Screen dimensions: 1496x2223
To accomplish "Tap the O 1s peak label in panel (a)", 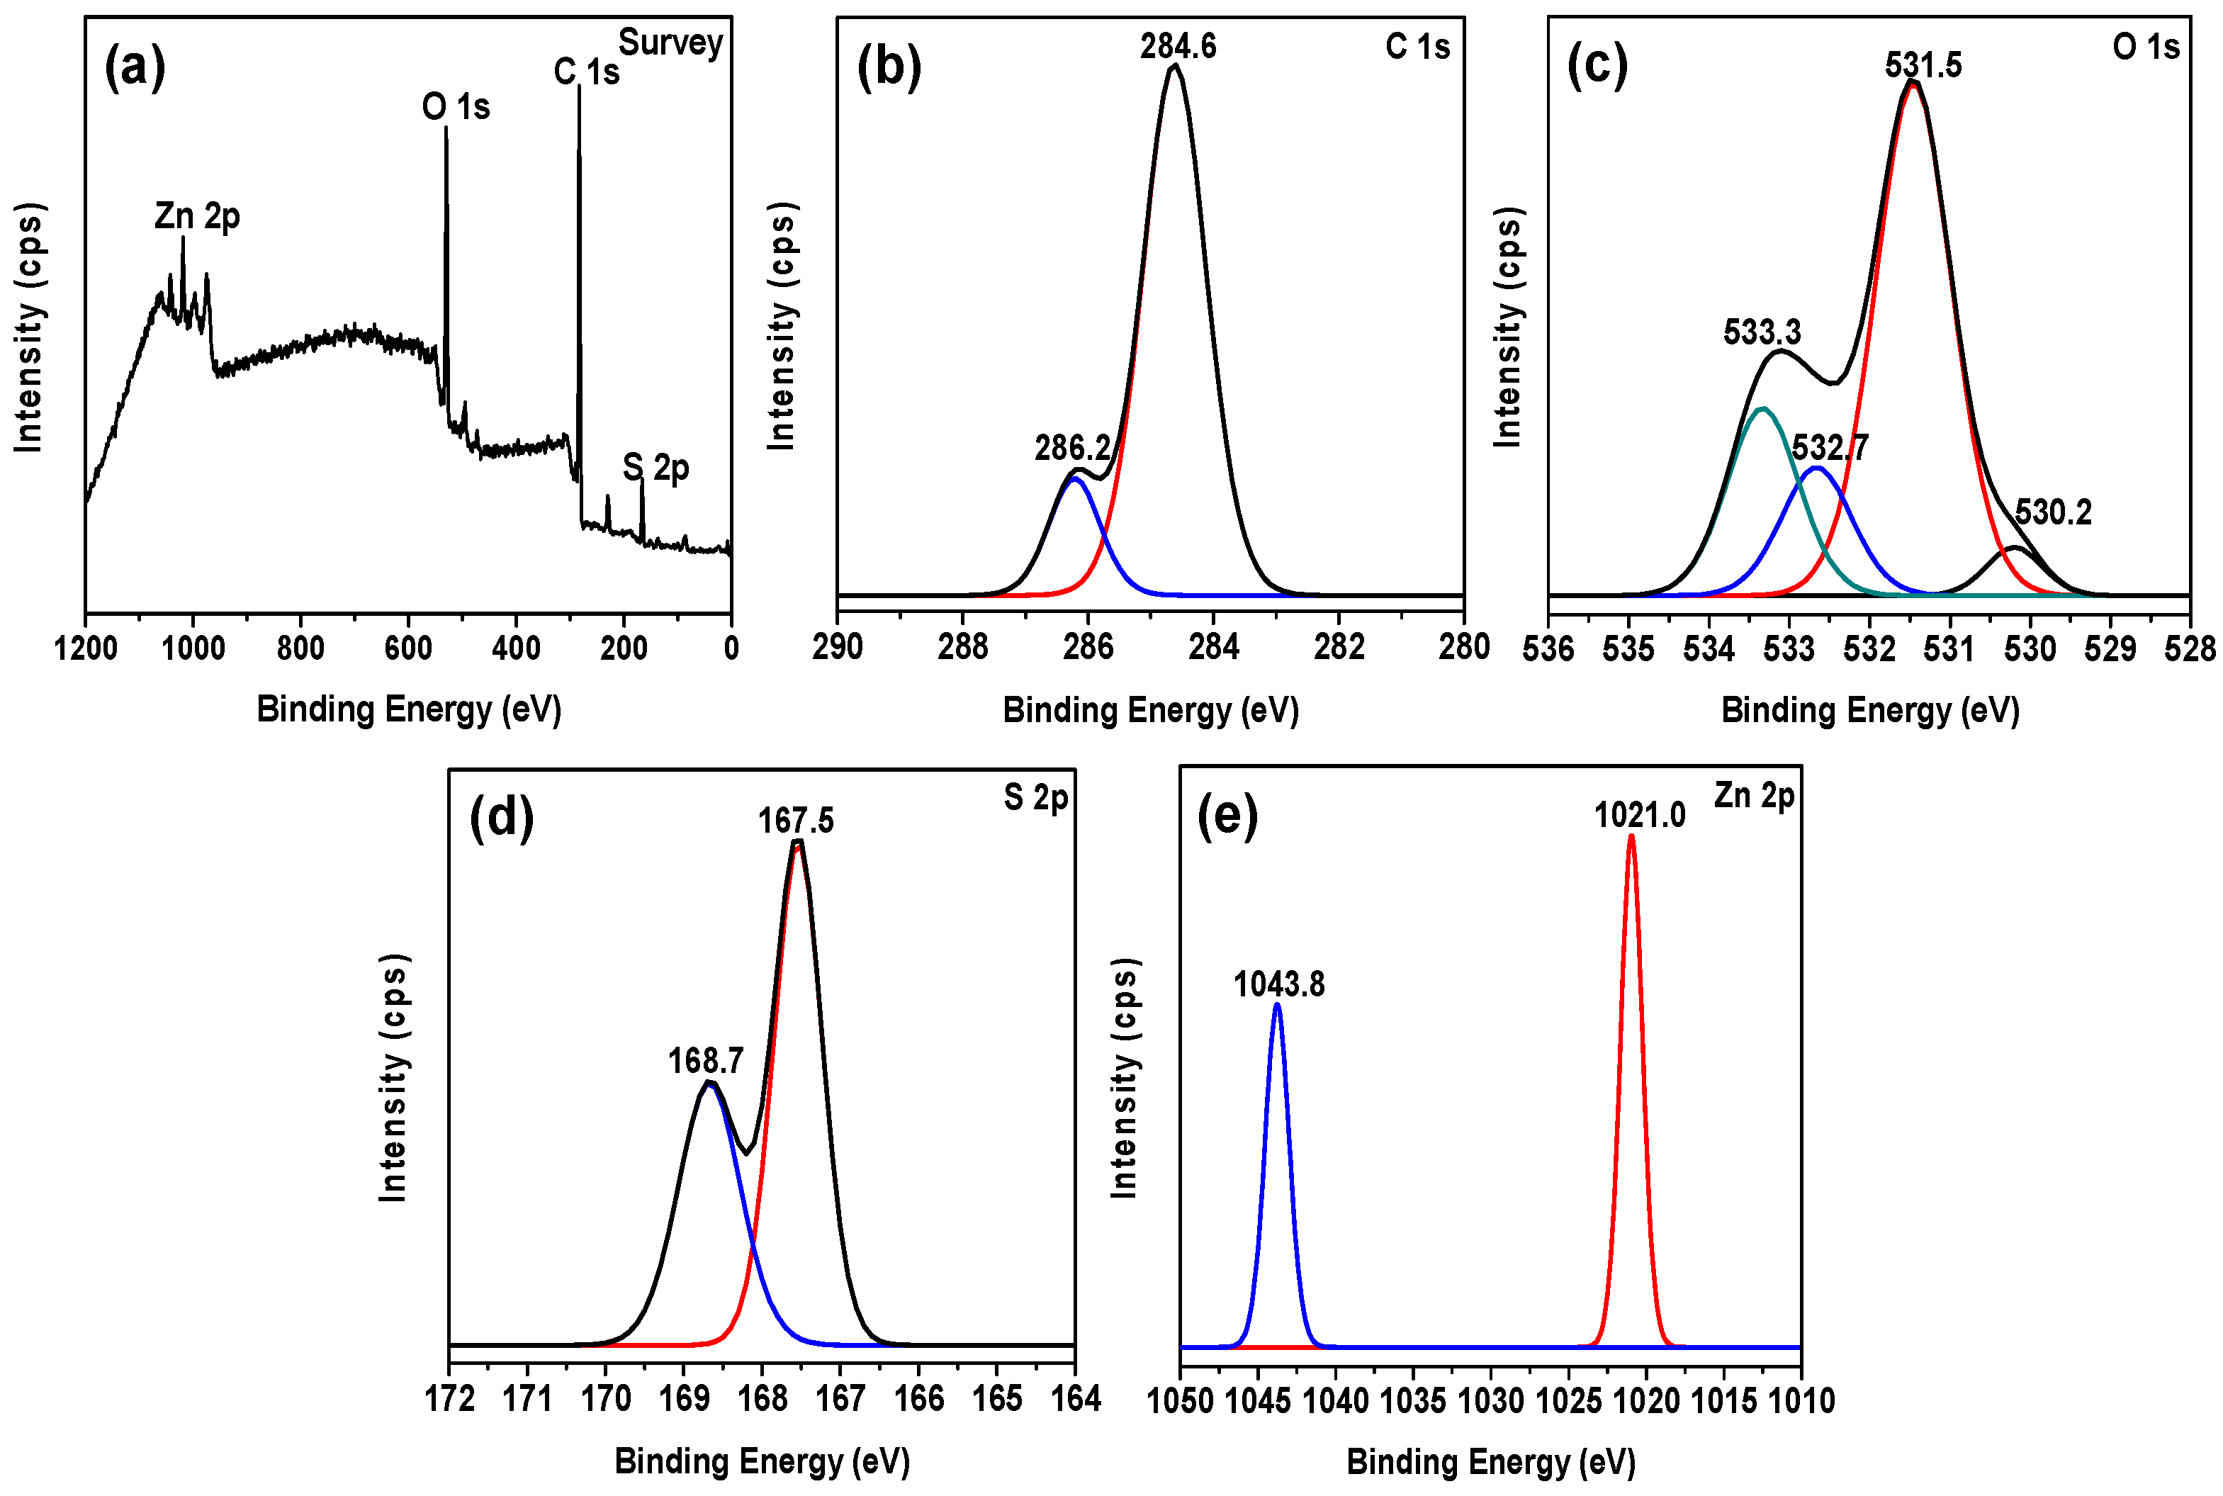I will pos(456,107).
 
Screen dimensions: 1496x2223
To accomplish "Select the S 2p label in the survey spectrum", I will pos(655,468).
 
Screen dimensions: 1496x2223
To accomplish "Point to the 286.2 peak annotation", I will pos(1072,447).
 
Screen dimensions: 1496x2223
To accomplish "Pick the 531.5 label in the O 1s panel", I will pos(1923,66).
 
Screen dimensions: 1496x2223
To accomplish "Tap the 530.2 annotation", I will pos(2052,512).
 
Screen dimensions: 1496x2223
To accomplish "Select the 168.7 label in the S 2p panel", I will pos(705,1061).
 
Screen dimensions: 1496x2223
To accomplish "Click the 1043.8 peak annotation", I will pos(1278,984).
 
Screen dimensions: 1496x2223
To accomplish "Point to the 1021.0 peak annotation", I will pos(1639,816).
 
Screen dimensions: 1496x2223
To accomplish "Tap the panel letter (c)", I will pos(1597,67).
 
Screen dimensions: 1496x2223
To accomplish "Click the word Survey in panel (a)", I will pos(670,43).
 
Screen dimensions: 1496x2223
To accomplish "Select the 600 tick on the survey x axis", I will pos(408,648).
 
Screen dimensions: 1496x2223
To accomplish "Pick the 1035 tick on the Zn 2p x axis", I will pos(1413,1400).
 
